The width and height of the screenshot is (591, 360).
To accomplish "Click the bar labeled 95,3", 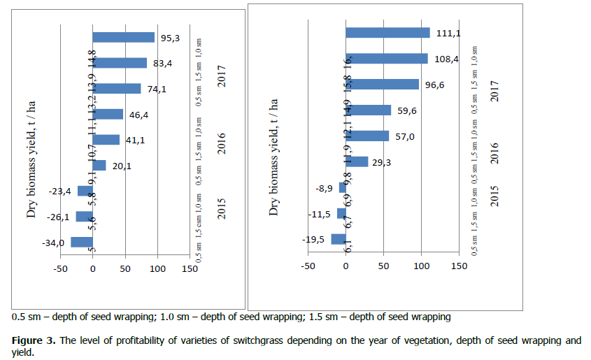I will point(124,38).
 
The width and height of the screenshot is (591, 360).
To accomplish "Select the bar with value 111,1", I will point(387,33).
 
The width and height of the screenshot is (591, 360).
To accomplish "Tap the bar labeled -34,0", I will point(82,243).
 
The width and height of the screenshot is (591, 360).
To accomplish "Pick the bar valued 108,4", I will point(386,59).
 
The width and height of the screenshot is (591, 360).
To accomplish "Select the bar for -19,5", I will point(339,239).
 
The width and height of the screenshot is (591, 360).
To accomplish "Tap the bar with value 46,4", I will point(108,114).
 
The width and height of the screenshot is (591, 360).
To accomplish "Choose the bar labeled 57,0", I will point(367,136).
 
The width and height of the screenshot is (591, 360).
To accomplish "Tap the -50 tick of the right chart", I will point(307,266).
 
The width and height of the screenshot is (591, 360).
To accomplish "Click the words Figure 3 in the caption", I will point(34,341).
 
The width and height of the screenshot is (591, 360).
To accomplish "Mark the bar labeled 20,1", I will point(99,165).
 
